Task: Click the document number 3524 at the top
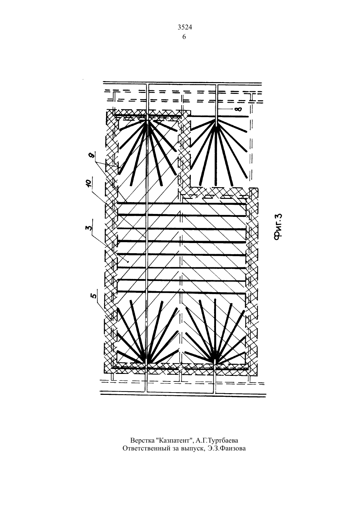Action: click(x=185, y=27)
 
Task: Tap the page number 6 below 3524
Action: click(x=184, y=37)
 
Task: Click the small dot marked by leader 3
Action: click(x=128, y=262)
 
